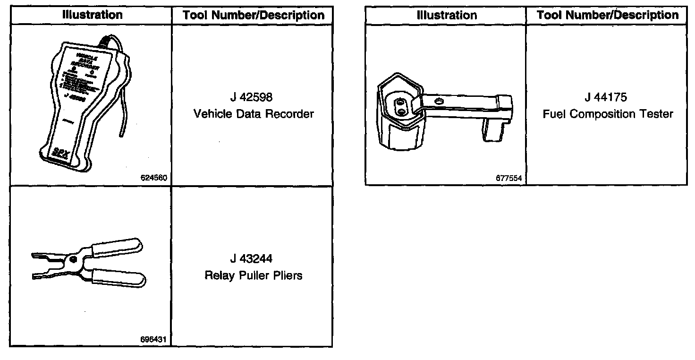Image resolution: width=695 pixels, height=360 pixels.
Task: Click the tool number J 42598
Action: click(x=252, y=98)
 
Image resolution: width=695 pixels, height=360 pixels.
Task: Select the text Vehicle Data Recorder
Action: click(x=254, y=114)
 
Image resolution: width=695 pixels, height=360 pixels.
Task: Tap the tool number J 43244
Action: click(x=252, y=259)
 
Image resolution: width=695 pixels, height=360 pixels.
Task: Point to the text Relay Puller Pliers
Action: click(x=254, y=275)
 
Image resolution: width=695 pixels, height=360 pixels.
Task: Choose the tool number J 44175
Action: click(x=606, y=98)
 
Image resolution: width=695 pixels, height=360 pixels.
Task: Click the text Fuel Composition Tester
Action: click(x=608, y=114)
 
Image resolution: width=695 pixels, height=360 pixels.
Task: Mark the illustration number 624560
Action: click(x=154, y=178)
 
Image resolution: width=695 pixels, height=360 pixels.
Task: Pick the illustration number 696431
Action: click(x=154, y=339)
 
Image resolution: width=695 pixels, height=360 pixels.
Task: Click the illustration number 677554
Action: click(x=509, y=178)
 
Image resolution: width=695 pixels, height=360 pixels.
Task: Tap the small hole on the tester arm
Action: click(x=440, y=100)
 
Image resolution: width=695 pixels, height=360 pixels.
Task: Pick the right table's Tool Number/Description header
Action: click(x=607, y=15)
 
